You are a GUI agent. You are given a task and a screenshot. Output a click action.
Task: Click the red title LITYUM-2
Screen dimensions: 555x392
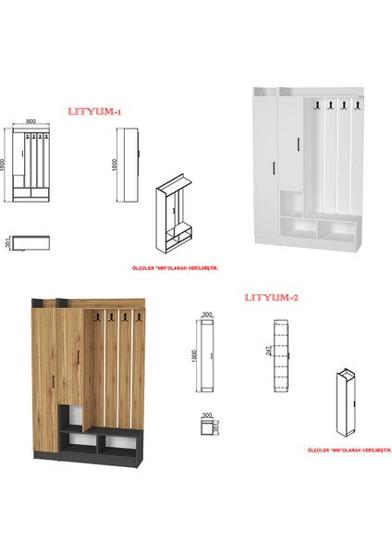pyautogui.click(x=271, y=297)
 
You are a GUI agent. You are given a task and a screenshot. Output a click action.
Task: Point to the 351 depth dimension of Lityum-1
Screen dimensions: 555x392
pyautogui.click(x=7, y=242)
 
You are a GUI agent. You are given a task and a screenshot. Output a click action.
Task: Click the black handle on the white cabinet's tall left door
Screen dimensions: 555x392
pyautogui.click(x=276, y=166)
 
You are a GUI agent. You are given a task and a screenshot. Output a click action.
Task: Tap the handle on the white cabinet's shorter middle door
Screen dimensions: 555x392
pyautogui.click(x=298, y=143)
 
